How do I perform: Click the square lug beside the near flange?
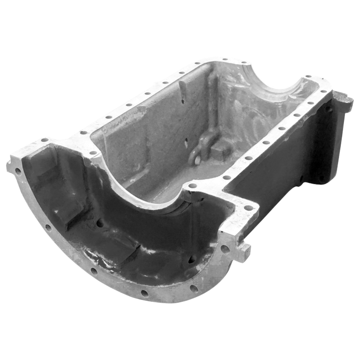(x=243, y=252)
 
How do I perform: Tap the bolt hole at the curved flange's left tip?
(x=18, y=172)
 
